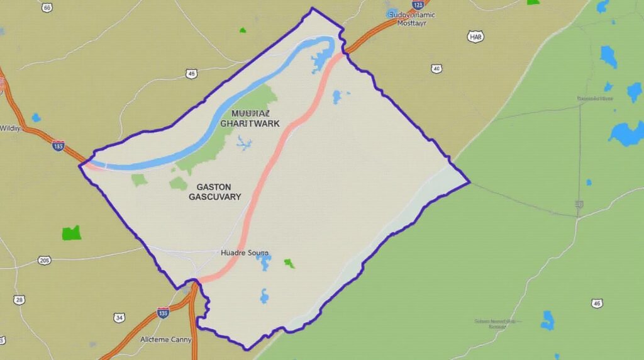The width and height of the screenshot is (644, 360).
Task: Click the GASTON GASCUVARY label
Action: pyautogui.click(x=214, y=192)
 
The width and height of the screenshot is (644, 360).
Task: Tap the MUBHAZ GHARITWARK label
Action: pyautogui.click(x=250, y=118)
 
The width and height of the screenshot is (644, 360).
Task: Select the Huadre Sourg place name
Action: pyautogui.click(x=245, y=253)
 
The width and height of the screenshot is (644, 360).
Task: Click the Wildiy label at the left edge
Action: pyautogui.click(x=10, y=128)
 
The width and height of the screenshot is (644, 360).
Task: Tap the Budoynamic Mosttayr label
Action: pyautogui.click(x=412, y=18)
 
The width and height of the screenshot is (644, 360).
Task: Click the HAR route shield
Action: pyautogui.click(x=476, y=37)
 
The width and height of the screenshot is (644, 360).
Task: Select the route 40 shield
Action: pyautogui.click(x=436, y=68)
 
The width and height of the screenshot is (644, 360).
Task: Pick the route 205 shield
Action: pyautogui.click(x=44, y=260)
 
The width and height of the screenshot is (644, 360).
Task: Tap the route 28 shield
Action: pyautogui.click(x=19, y=300)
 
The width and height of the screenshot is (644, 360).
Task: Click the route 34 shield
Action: pyautogui.click(x=119, y=318)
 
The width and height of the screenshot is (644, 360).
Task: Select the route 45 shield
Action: pyautogui.click(x=192, y=74)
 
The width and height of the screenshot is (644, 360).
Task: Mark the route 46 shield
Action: pyautogui.click(x=597, y=303)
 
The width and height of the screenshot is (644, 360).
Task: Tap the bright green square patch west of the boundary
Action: pyautogui.click(x=72, y=233)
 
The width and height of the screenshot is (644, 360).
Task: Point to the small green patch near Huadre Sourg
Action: pyautogui.click(x=289, y=263)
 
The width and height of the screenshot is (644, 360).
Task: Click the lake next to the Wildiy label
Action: pyautogui.click(x=36, y=118)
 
